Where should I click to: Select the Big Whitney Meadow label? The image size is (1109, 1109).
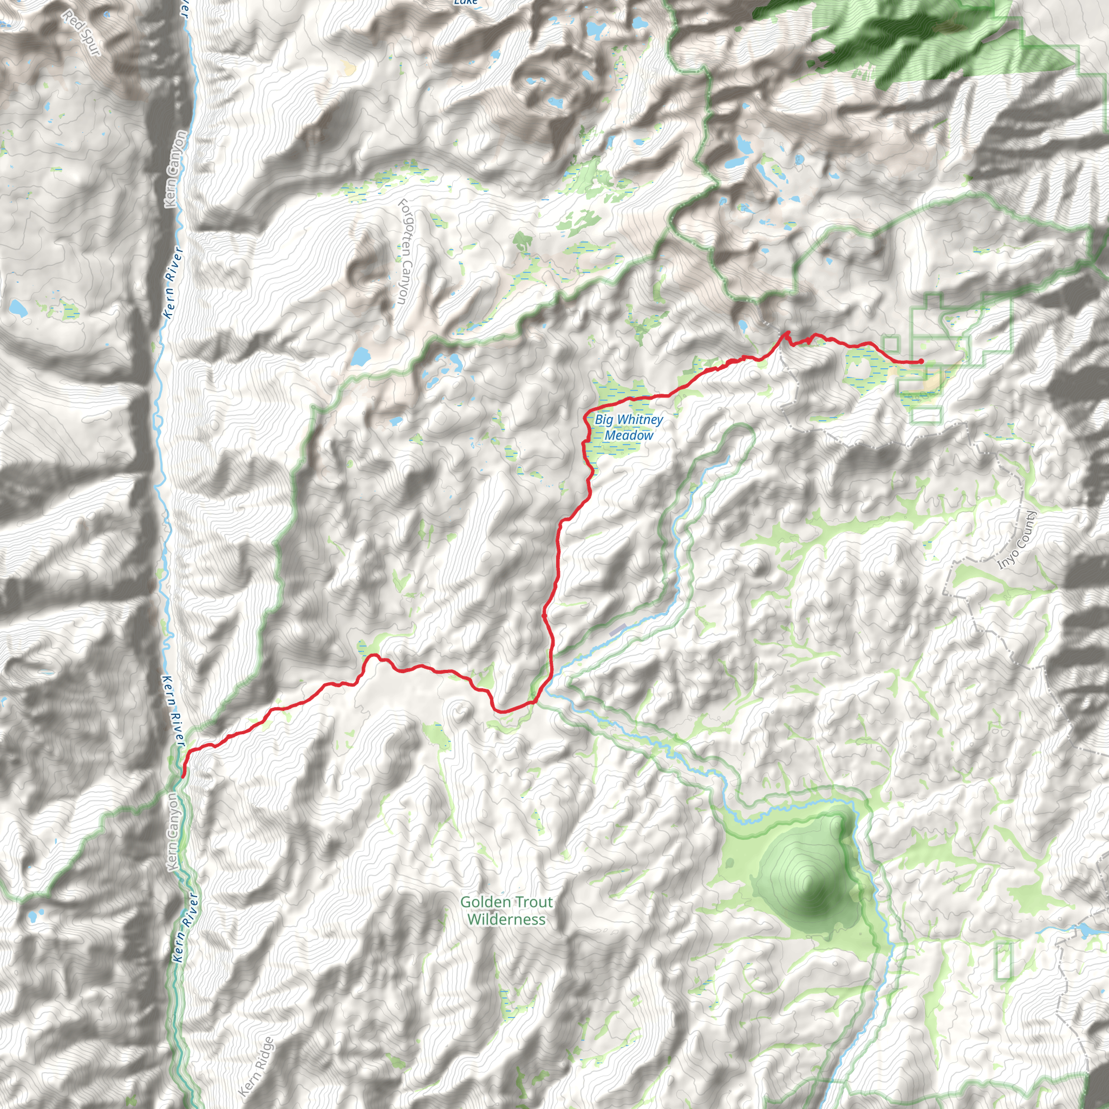629,428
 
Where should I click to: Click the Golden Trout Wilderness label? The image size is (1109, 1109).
506,910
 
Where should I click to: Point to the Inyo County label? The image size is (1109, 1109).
1017,540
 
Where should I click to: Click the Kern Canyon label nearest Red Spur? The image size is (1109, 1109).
175,169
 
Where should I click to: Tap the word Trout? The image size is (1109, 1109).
526,902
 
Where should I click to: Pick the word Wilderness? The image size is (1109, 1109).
506,919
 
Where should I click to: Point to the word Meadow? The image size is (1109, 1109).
629,436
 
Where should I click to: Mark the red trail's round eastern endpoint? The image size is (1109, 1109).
921,361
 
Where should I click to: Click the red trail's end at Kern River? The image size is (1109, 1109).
182,776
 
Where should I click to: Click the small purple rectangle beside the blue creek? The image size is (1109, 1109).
618,630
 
